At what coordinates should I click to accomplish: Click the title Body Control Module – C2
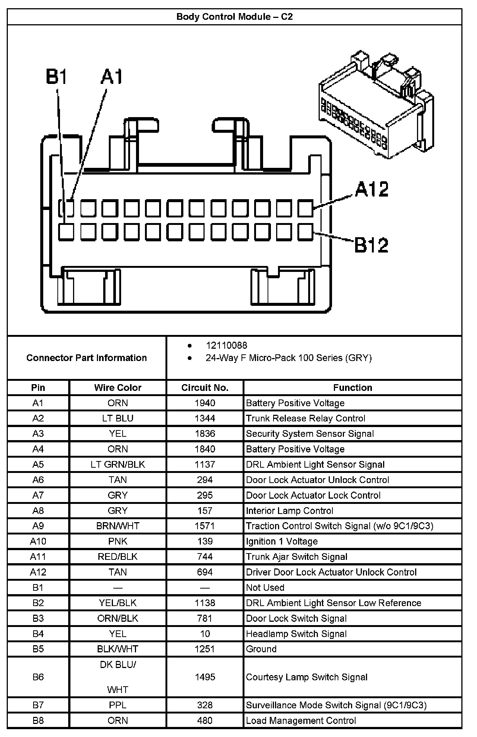click(234, 17)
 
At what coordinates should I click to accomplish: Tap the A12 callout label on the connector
click(371, 189)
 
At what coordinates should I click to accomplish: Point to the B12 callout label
click(371, 245)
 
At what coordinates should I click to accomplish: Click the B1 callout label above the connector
click(57, 77)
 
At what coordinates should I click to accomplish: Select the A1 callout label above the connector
click(111, 77)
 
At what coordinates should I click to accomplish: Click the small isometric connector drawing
click(376, 106)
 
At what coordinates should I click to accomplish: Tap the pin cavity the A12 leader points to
click(306, 208)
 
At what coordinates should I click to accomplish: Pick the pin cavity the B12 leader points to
click(306, 232)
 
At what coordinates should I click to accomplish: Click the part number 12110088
click(226, 345)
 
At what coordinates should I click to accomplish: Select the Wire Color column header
click(118, 388)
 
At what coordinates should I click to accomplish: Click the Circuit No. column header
click(205, 388)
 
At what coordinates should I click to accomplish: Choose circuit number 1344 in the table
click(205, 418)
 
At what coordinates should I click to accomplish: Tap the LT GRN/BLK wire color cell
click(118, 464)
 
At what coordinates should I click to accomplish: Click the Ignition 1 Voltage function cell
click(282, 541)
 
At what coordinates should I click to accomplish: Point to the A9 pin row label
click(38, 526)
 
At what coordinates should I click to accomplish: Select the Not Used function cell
click(265, 587)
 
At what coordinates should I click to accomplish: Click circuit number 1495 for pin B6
click(205, 677)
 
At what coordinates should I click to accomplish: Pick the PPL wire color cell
click(118, 705)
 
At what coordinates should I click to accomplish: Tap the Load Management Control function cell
click(301, 721)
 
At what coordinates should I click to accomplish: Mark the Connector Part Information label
click(86, 358)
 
